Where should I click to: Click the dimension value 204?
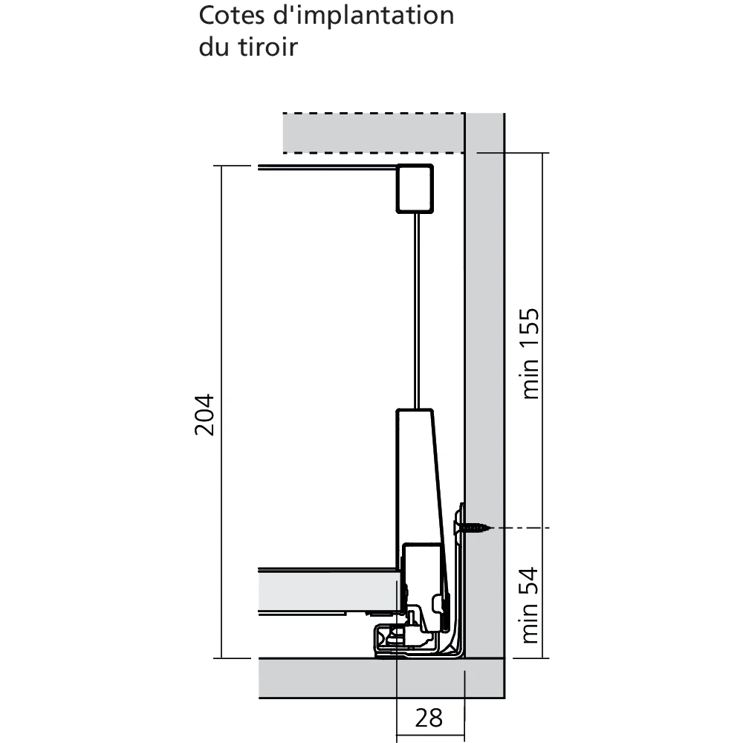pyautogui.click(x=205, y=413)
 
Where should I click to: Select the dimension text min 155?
pyautogui.click(x=530, y=354)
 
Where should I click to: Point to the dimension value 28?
pyautogui.click(x=429, y=718)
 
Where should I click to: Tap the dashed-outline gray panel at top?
pyautogui.click(x=371, y=134)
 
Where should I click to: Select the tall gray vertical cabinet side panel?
pyautogui.click(x=485, y=371)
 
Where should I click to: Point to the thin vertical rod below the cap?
pyautogui.click(x=415, y=312)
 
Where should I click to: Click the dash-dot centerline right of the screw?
pyautogui.click(x=524, y=528)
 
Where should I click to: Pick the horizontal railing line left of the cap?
pyautogui.click(x=327, y=168)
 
